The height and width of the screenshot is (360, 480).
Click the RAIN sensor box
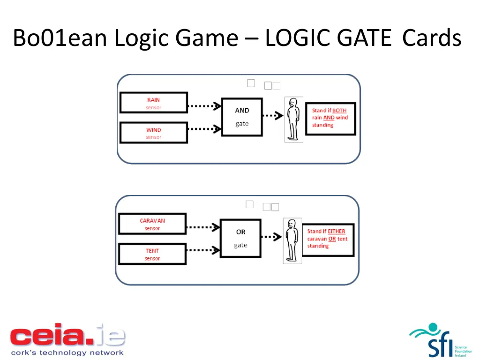[x=153, y=103]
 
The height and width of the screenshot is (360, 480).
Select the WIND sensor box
[x=153, y=133]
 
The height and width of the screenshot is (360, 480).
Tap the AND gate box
[x=242, y=117]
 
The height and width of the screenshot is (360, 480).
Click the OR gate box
[x=240, y=238]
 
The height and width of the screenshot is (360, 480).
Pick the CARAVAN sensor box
[x=152, y=224]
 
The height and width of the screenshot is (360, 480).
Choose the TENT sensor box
[x=152, y=254]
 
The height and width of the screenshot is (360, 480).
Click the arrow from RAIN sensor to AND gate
[x=204, y=106]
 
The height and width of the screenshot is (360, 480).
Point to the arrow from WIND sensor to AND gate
[x=204, y=128]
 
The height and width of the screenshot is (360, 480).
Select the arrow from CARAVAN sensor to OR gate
[x=203, y=227]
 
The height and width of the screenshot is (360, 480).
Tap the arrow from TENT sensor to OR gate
[x=203, y=250]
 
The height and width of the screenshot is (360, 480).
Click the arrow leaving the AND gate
[x=271, y=115]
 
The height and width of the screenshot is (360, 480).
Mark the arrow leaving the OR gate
[x=270, y=237]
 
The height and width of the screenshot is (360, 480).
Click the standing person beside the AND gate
[x=293, y=120]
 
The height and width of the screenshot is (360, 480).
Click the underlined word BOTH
[x=339, y=111]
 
